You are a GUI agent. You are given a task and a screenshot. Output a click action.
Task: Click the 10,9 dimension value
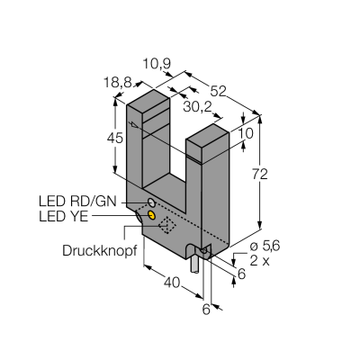[x=157, y=64]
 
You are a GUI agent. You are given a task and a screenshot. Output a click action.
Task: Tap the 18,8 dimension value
[x=118, y=82]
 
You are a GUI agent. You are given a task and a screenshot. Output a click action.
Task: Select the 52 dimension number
[x=218, y=91]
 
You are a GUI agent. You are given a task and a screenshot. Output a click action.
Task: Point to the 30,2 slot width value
[x=197, y=107]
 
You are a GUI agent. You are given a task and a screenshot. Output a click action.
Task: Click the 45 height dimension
[x=115, y=139]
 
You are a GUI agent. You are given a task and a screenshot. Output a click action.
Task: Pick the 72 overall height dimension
[x=260, y=175]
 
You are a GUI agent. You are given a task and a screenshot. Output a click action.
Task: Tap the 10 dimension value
[x=247, y=133]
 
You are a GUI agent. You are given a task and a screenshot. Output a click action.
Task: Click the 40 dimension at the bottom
[x=173, y=283]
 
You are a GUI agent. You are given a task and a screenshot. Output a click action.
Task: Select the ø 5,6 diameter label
[x=265, y=246]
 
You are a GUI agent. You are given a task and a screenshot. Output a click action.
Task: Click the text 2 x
[x=260, y=261]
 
